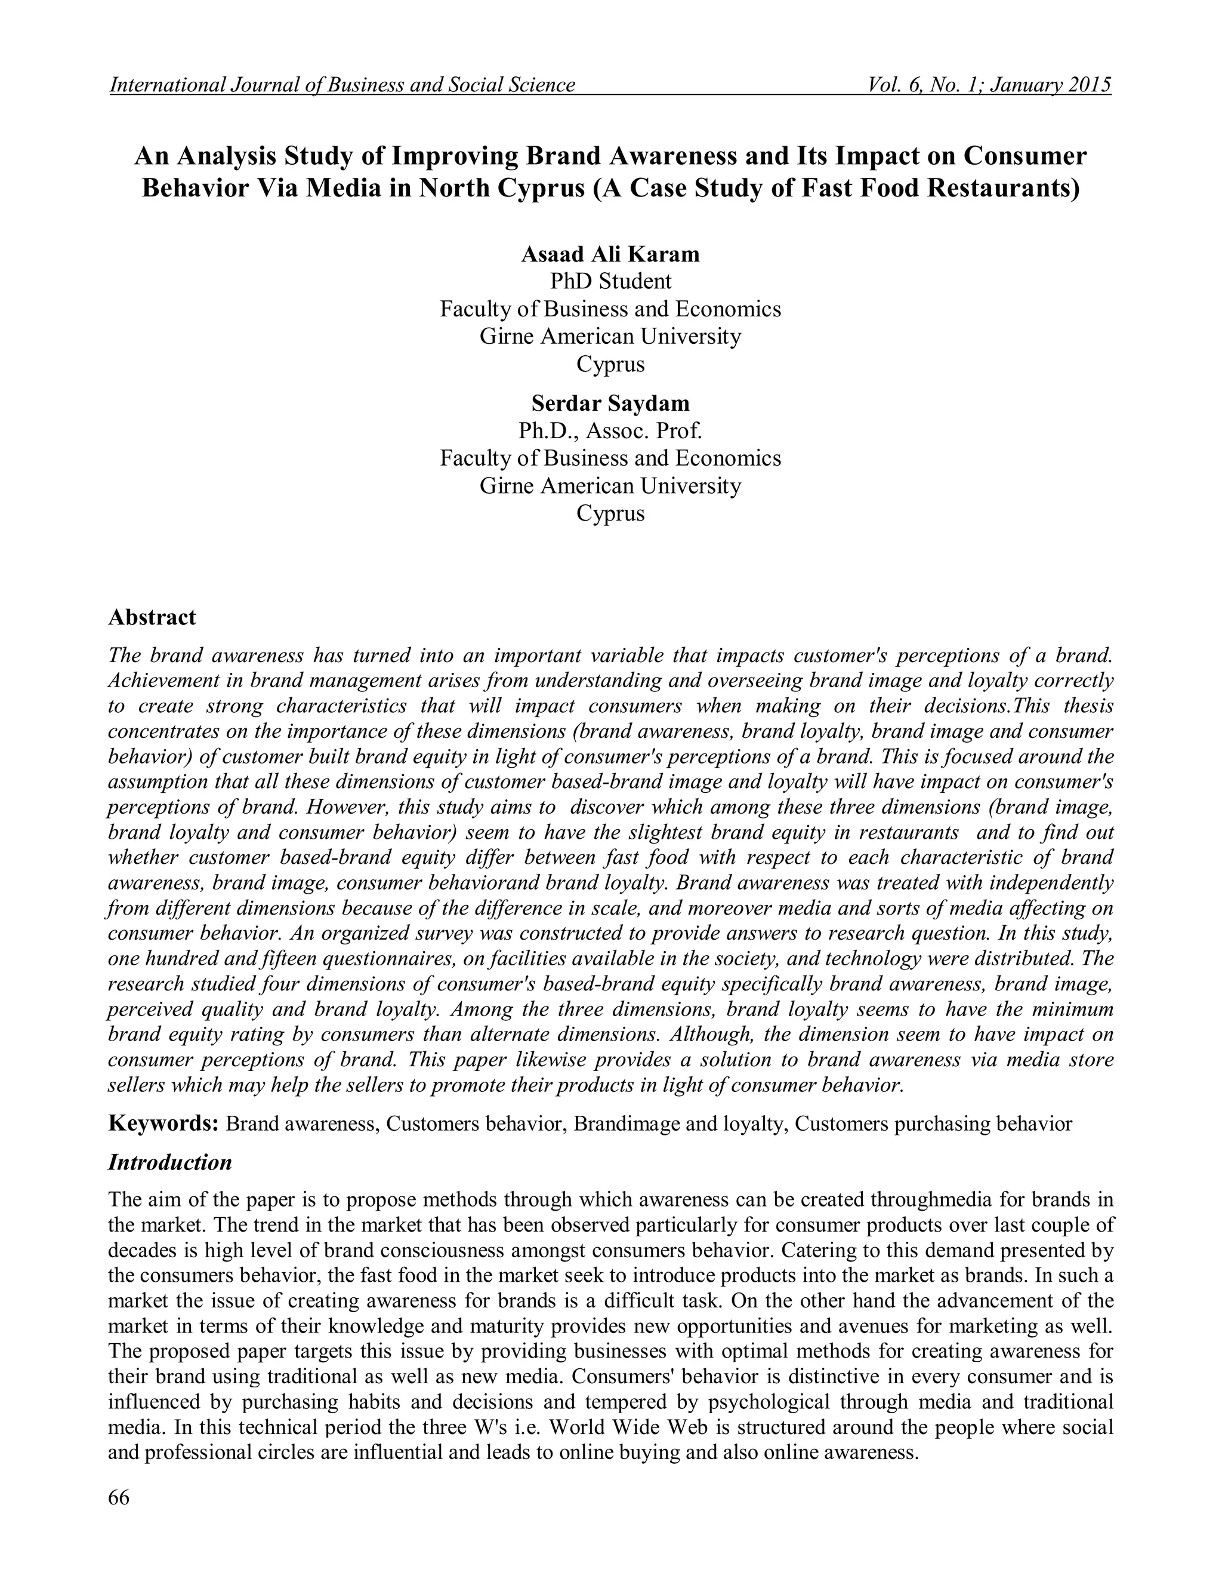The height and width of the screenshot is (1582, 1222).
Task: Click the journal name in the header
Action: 342,85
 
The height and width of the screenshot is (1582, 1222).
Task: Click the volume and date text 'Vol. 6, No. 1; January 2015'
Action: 989,85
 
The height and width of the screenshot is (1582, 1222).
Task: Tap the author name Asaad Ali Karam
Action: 610,254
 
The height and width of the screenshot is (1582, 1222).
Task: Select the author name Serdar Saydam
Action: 610,403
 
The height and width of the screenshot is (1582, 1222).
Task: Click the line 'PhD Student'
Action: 610,281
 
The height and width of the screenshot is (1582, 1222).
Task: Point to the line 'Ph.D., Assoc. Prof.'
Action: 610,431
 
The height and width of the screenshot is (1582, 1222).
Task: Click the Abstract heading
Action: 152,617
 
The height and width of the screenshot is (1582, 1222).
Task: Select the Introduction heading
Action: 170,1162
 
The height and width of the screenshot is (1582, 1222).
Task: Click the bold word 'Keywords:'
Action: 163,1124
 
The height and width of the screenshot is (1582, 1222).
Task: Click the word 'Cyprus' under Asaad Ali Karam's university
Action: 610,364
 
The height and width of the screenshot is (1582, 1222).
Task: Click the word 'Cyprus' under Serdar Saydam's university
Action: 610,513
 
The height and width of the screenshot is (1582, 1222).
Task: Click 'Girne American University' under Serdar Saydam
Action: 610,485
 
